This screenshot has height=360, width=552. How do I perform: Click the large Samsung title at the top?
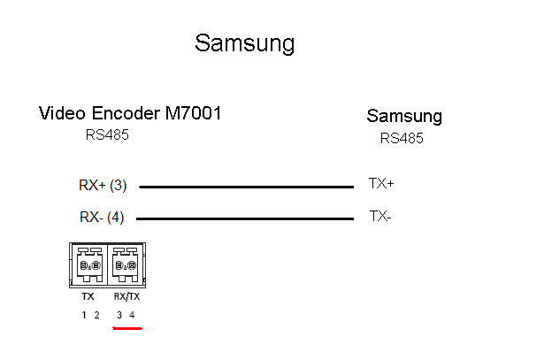click(x=244, y=43)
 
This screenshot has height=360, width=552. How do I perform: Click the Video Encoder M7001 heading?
click(x=130, y=113)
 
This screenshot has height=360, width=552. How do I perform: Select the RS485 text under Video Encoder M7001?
click(x=108, y=135)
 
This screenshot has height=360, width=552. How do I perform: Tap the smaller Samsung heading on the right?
click(x=404, y=116)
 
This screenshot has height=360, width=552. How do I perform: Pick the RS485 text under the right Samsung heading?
click(x=402, y=138)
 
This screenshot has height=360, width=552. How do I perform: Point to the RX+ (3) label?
click(x=103, y=186)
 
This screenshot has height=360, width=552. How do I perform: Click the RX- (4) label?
click(x=102, y=217)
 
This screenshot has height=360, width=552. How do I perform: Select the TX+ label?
click(x=381, y=184)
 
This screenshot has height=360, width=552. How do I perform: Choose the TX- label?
click(x=379, y=216)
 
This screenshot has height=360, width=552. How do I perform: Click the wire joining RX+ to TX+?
click(x=246, y=187)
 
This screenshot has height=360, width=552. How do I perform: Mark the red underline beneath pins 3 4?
click(x=127, y=326)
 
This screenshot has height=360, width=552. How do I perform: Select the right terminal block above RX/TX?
click(x=126, y=264)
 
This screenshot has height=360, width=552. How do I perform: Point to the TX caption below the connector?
click(x=88, y=297)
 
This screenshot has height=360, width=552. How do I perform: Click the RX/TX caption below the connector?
click(x=125, y=297)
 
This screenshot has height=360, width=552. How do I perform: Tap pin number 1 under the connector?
click(x=85, y=315)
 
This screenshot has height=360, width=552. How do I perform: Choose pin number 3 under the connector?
click(x=119, y=315)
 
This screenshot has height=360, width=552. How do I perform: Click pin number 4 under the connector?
click(x=132, y=315)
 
